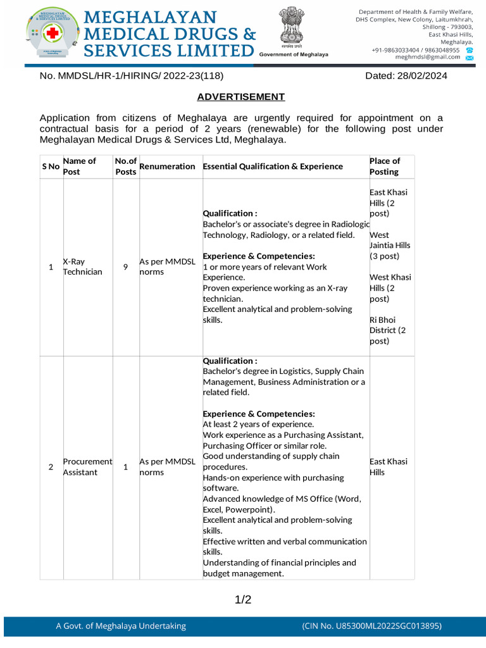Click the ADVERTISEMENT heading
coord(241,97)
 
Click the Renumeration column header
coord(167,166)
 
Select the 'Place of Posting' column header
coord(385,166)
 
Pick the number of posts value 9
coord(125,266)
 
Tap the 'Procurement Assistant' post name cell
coord(87,467)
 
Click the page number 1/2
coord(243,599)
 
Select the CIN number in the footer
coord(371,626)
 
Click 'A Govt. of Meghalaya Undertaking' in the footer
coord(121,626)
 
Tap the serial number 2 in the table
coord(51,467)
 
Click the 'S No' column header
coord(51,166)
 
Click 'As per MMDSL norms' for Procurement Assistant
coord(167,467)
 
